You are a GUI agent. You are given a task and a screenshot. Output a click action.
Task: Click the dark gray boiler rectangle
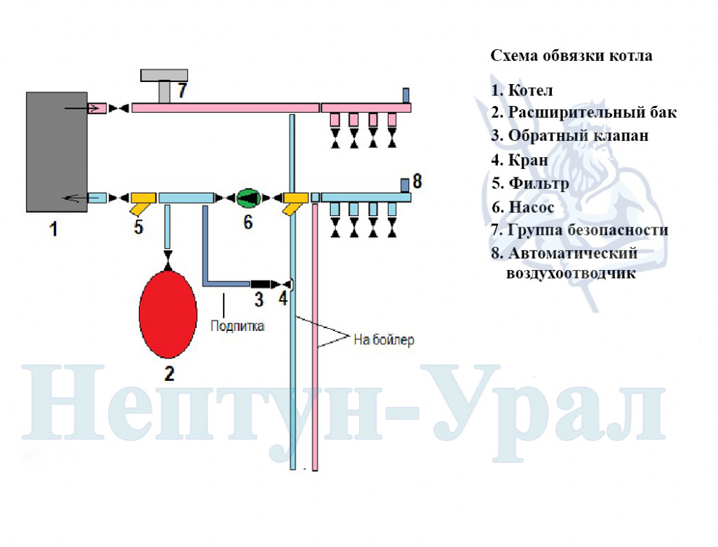(x=57, y=152)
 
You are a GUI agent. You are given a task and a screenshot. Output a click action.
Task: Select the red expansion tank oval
(x=168, y=314)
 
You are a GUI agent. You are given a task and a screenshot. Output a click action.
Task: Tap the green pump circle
(x=248, y=198)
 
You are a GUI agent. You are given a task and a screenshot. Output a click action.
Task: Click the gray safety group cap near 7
(x=164, y=75)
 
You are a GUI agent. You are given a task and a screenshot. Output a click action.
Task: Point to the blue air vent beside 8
(x=405, y=185)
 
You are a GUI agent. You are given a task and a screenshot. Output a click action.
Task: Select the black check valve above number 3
(x=261, y=284)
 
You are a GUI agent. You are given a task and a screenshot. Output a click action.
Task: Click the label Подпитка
(x=237, y=326)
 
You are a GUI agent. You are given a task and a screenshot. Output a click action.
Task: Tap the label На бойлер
(x=384, y=339)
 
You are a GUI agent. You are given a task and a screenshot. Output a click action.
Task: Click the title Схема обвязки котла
(x=571, y=56)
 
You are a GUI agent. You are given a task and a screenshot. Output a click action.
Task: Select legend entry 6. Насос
(x=523, y=207)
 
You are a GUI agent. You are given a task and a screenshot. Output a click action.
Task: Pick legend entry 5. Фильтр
(x=530, y=183)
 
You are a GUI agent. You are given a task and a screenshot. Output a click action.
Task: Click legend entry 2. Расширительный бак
(x=584, y=112)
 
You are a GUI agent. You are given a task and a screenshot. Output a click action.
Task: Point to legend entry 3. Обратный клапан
(x=570, y=135)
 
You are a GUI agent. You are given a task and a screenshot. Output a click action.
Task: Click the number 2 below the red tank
(x=170, y=374)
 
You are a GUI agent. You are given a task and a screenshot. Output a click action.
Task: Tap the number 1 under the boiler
(x=54, y=229)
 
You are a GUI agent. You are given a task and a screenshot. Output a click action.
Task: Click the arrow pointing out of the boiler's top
(x=81, y=108)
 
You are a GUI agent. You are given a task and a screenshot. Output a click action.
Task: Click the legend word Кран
(x=528, y=160)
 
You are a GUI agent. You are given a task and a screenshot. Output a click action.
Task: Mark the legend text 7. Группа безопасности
(x=580, y=229)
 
